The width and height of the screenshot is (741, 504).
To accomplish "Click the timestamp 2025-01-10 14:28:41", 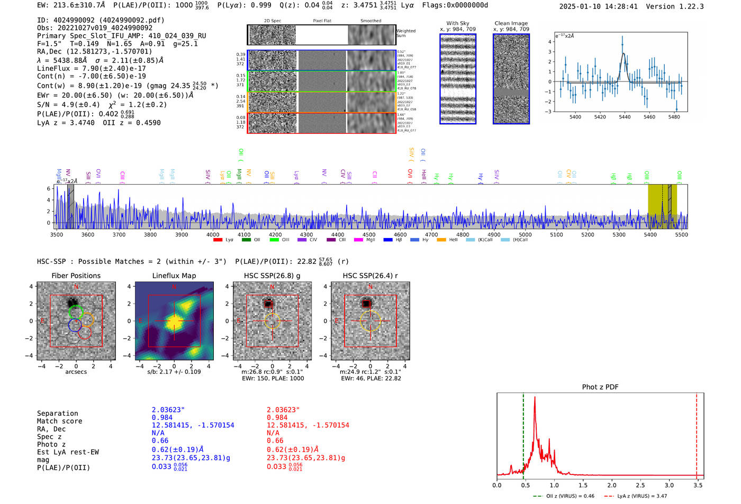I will coord(598,6).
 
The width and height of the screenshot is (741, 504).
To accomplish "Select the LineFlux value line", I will coord(91,68).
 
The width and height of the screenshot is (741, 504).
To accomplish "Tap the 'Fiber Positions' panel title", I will coord(76,276).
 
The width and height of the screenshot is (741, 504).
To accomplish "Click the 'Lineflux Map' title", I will coord(174,276).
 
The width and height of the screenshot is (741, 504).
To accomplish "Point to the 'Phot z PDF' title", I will coord(600,387).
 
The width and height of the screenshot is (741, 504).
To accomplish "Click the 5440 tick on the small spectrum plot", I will coord(625,117).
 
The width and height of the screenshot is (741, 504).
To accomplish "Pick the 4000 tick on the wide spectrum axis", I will coord(213,235).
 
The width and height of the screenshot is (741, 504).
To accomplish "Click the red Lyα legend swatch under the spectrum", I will coord(218,240).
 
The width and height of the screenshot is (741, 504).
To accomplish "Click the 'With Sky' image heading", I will coord(458,23).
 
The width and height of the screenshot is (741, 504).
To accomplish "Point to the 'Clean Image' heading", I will coord(511,23).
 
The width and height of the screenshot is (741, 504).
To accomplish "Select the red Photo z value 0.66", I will coord(275,441).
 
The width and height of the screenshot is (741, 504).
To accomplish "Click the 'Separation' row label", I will coord(57,413).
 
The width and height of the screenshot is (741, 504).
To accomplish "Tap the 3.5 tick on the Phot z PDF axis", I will coord(698,485).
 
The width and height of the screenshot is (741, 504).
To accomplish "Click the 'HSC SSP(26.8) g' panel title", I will coord(272,276).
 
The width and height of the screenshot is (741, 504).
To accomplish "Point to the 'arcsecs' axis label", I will coord(76,372).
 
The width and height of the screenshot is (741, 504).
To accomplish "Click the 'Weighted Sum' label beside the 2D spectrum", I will coord(405,33).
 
